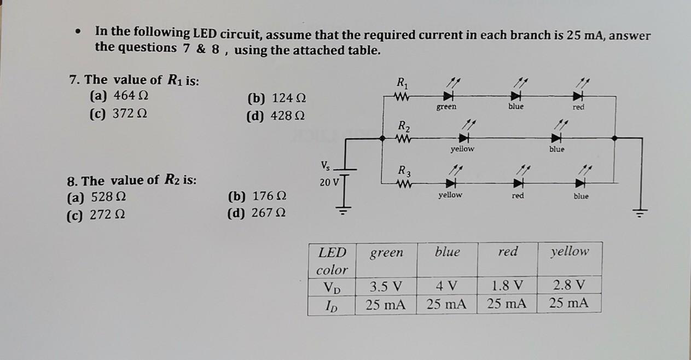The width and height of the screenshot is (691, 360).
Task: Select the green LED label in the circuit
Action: click(446, 107)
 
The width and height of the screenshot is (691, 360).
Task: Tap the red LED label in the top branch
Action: click(578, 107)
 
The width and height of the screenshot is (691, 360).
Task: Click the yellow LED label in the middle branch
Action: click(462, 149)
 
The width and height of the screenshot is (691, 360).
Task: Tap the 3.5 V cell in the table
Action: click(386, 286)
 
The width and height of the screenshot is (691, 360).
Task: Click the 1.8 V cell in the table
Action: click(507, 286)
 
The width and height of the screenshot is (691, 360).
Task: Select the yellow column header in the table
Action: click(570, 252)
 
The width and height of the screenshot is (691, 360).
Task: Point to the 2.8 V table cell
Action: click(569, 285)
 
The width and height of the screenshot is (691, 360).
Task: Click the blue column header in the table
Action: click(448, 252)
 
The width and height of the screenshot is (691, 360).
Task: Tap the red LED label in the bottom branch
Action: click(518, 195)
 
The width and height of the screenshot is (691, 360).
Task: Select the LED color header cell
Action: click(332, 260)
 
